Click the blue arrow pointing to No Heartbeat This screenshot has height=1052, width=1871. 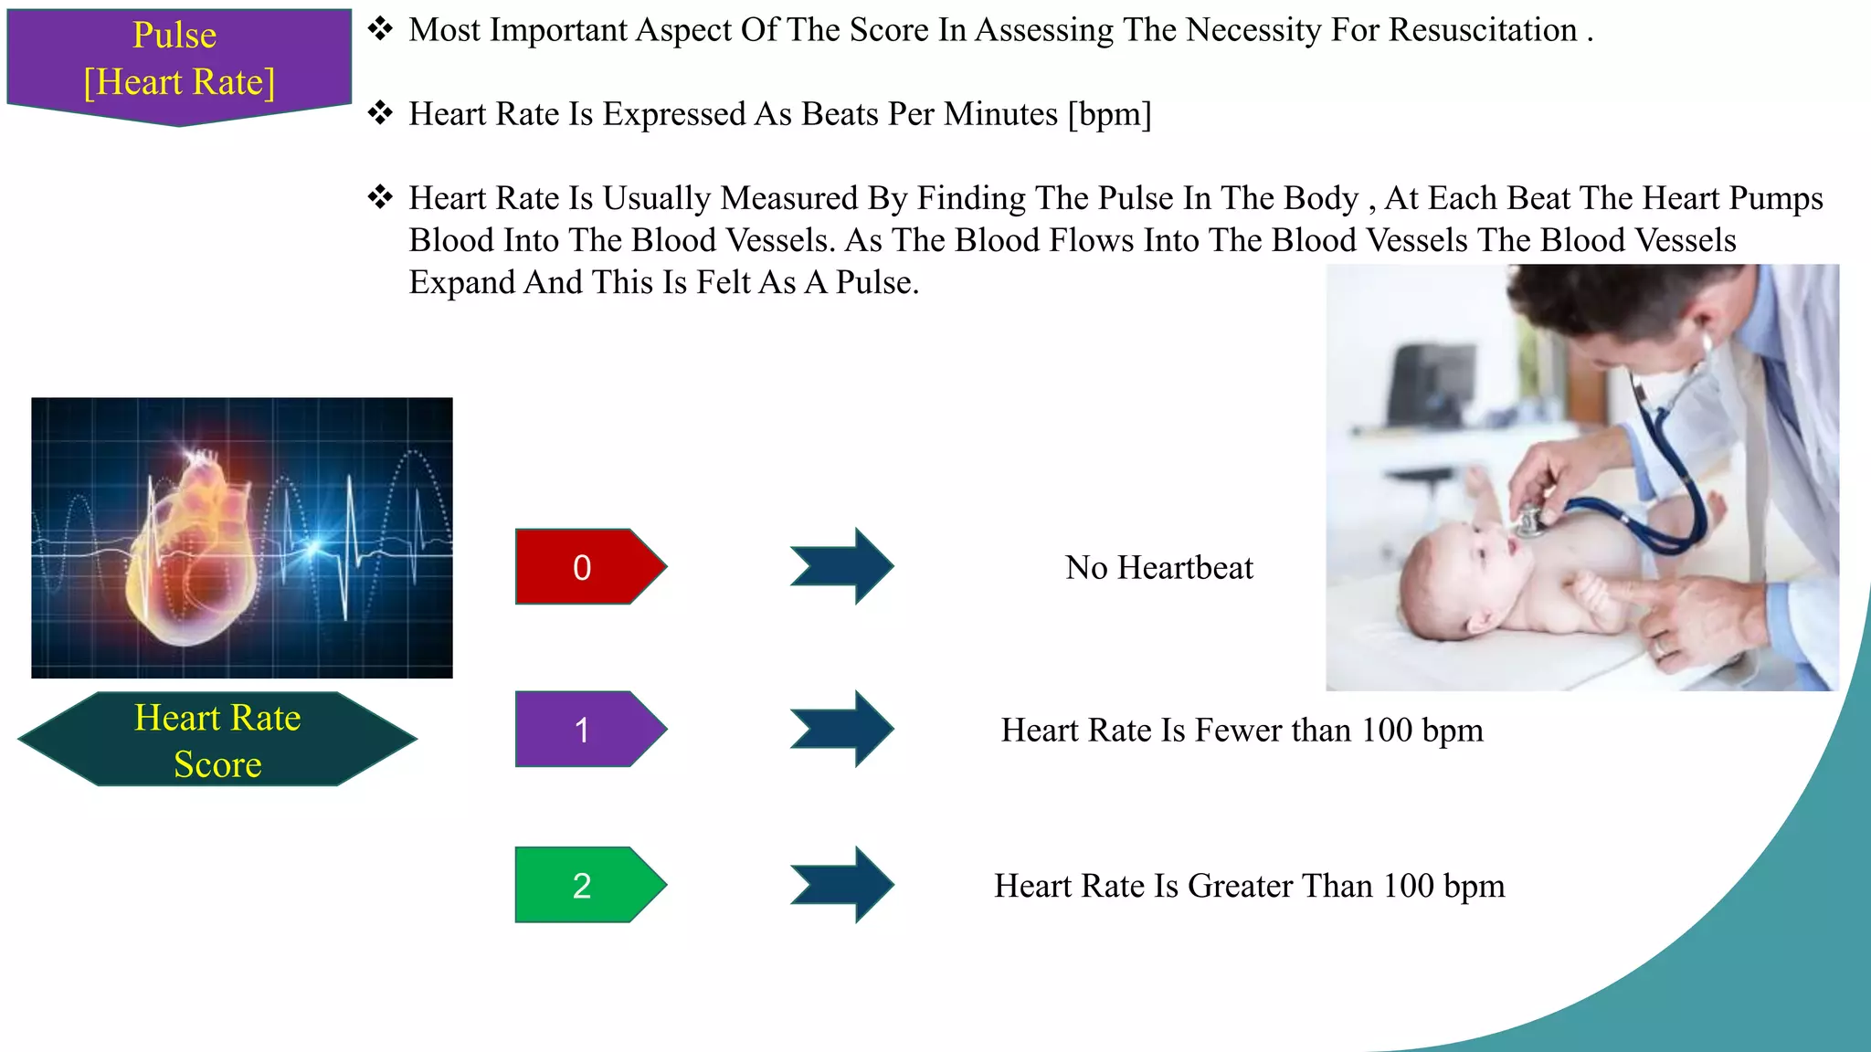tap(842, 566)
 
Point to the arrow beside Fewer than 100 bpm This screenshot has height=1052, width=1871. tap(842, 729)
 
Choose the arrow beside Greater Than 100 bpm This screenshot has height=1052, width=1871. tap(842, 885)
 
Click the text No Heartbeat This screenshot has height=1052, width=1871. tap(1158, 568)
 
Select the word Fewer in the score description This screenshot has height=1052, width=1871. tap(1238, 731)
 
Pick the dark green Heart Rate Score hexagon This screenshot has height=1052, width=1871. tap(217, 740)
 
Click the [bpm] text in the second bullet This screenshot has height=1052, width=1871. tap(1109, 114)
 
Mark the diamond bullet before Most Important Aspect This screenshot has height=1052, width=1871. tap(380, 29)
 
